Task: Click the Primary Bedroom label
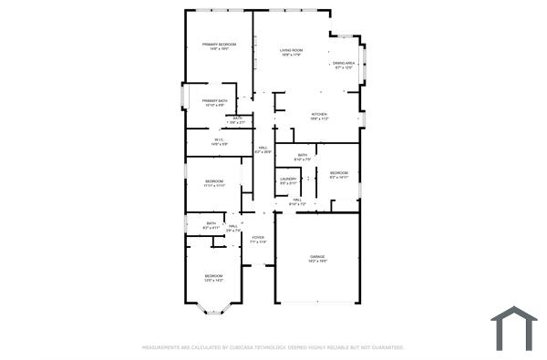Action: pyautogui.click(x=219, y=45)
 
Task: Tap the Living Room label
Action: pyautogui.click(x=291, y=50)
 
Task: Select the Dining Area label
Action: pyautogui.click(x=345, y=63)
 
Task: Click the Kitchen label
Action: pyautogui.click(x=319, y=114)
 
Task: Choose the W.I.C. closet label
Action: pyautogui.click(x=219, y=139)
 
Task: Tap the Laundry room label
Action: pyautogui.click(x=288, y=179)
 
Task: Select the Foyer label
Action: pyautogui.click(x=258, y=238)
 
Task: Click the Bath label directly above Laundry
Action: pyautogui.click(x=302, y=155)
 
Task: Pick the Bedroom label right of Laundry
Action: pyautogui.click(x=338, y=172)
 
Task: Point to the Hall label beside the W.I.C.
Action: pyautogui.click(x=263, y=148)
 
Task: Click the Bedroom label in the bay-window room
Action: pyautogui.click(x=213, y=275)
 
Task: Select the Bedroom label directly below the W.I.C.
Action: pyautogui.click(x=214, y=181)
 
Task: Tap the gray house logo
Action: pyautogui.click(x=513, y=328)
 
